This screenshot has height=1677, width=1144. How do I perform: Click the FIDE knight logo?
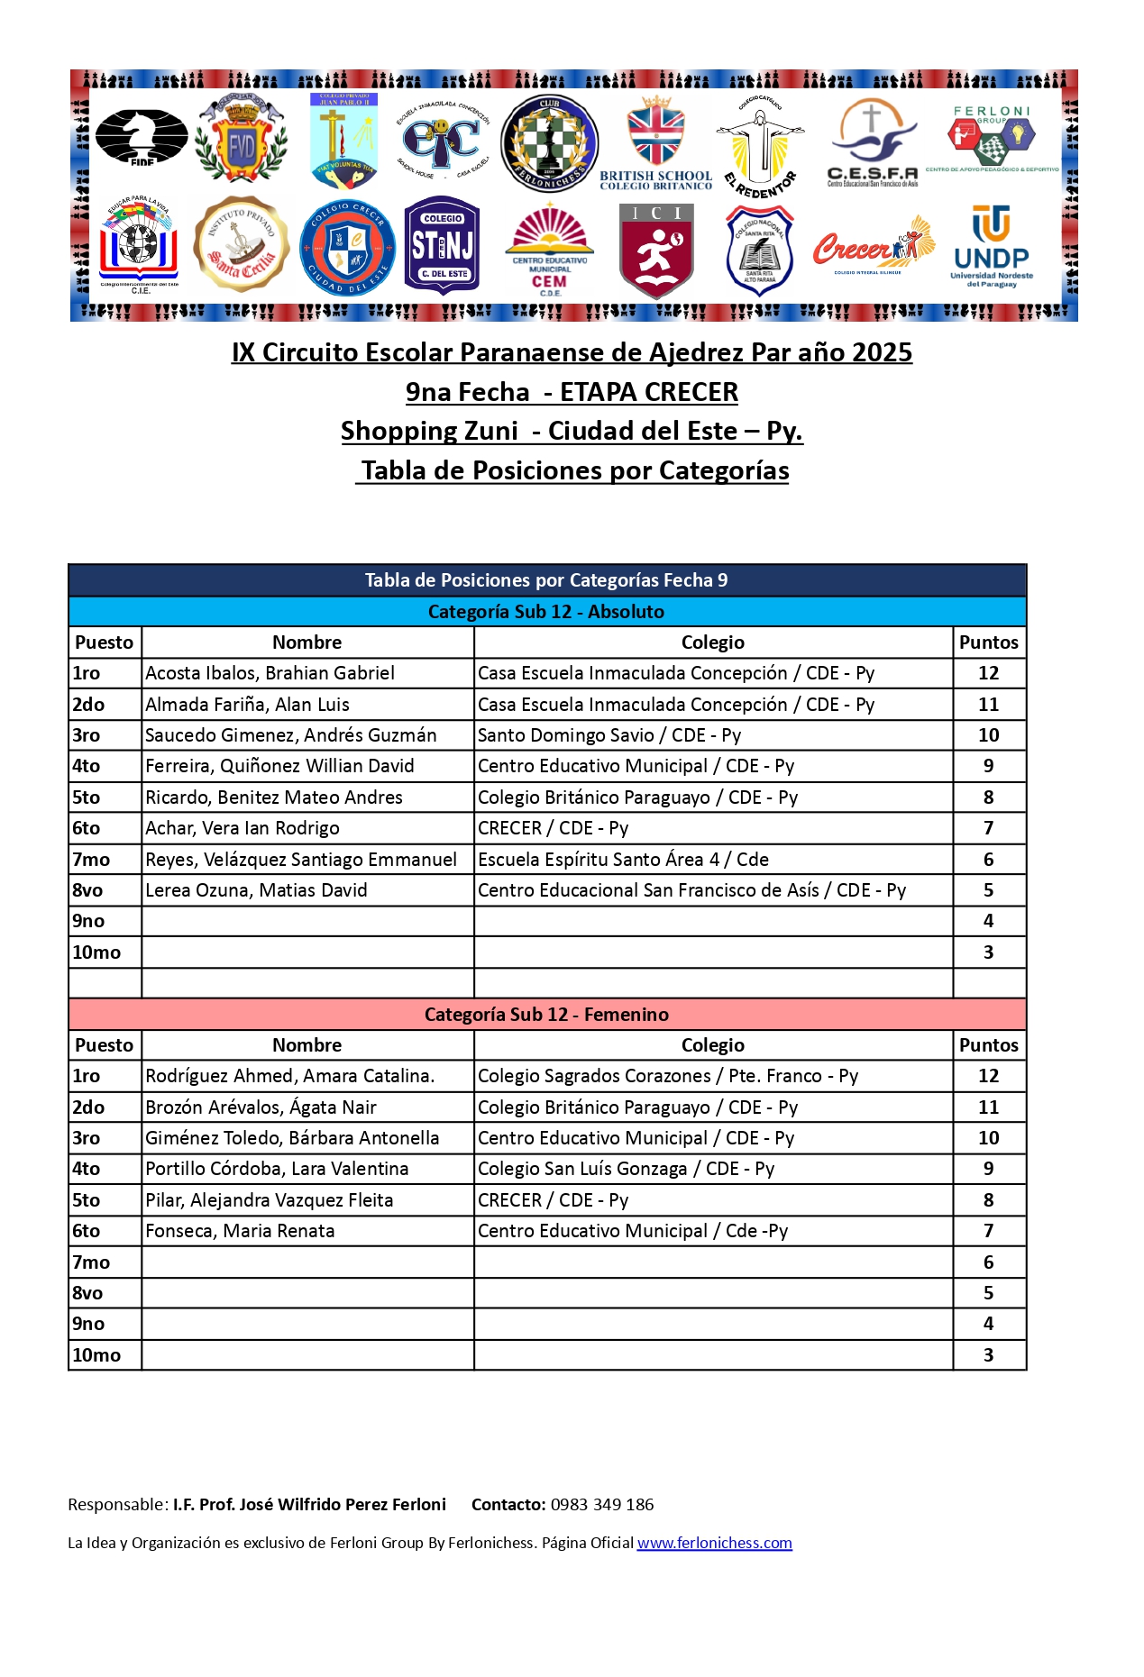[142, 137]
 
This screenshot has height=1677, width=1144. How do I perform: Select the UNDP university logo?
[991, 246]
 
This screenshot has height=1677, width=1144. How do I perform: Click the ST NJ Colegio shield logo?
[442, 245]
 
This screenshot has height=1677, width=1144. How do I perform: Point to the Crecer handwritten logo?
[871, 246]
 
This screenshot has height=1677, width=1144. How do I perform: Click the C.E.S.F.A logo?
[872, 142]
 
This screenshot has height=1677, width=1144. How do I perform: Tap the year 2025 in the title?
[881, 352]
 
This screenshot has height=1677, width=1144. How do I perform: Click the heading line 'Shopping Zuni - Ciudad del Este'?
[572, 431]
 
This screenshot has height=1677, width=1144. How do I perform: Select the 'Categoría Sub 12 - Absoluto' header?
[546, 612]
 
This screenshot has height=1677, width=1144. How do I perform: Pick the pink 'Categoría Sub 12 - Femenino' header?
[546, 1015]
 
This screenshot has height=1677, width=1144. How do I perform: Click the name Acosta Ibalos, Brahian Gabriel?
[270, 673]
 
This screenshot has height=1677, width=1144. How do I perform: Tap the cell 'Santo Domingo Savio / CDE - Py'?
[609, 735]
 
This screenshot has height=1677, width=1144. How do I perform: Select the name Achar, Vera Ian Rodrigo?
[243, 828]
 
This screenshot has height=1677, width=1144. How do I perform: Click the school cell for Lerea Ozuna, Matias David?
[691, 890]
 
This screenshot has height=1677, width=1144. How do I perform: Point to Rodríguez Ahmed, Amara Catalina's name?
[290, 1076]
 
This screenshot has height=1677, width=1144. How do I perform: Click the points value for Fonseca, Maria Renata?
[988, 1231]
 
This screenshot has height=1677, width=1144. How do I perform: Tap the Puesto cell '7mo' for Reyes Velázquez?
[92, 860]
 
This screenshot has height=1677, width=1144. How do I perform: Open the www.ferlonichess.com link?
[714, 1543]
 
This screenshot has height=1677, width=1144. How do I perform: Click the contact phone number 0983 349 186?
[602, 1504]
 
